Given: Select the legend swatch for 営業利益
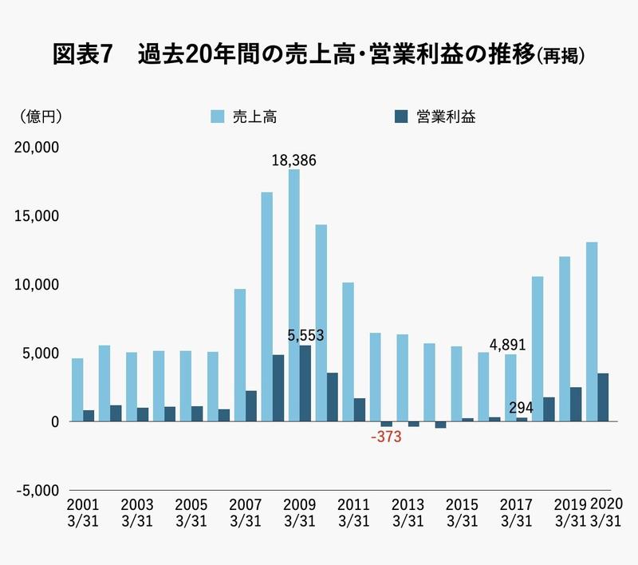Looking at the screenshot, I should [x=402, y=117].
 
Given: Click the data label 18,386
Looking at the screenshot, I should [x=293, y=160].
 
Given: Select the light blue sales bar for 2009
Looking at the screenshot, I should [x=293, y=295].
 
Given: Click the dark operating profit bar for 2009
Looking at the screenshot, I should [x=305, y=383].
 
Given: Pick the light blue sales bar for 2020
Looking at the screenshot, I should [x=592, y=331].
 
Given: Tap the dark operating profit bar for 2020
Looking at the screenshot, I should [x=603, y=397].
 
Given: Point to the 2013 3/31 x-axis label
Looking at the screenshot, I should [x=408, y=513].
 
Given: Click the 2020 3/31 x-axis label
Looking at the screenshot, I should [x=605, y=513].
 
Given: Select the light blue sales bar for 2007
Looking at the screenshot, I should [x=239, y=355].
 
